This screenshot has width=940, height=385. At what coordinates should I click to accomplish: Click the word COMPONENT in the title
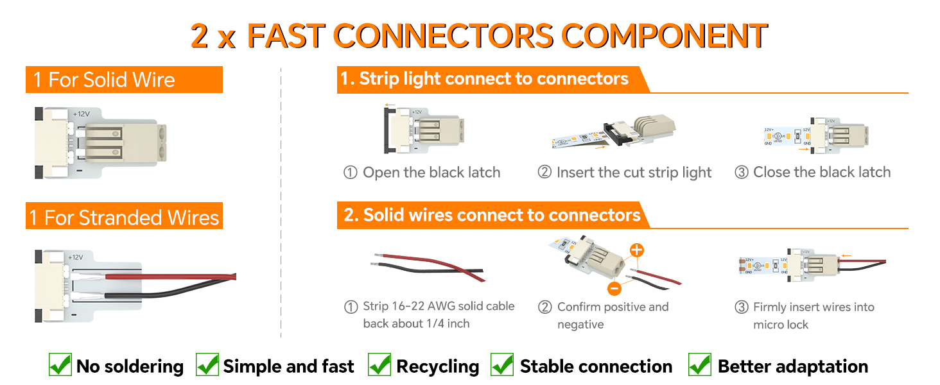point(665,36)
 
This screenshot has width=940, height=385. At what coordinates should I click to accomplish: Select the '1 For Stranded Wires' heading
point(124,218)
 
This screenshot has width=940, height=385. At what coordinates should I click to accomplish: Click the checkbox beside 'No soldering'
point(60,364)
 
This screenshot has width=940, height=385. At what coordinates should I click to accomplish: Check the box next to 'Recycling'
point(379,364)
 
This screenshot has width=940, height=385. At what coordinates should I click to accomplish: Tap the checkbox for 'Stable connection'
point(502,364)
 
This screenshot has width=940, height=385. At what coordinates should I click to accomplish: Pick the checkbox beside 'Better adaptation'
point(700,364)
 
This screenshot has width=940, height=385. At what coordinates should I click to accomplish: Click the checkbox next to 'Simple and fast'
point(207,364)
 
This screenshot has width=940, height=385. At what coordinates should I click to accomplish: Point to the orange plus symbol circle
point(636,250)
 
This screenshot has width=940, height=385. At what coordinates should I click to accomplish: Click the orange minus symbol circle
point(614,289)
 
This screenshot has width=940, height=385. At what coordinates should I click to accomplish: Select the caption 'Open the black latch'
point(431,173)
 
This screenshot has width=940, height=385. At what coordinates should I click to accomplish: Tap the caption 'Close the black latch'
point(822,172)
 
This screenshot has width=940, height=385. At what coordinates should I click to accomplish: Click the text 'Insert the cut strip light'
point(634,173)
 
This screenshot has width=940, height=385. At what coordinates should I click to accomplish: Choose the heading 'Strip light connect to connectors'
point(494,79)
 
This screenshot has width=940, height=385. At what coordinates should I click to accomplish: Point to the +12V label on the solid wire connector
point(82,114)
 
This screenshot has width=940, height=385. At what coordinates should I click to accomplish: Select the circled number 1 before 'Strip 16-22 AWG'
point(351,307)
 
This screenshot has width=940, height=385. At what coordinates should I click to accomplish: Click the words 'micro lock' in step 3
point(781,325)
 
